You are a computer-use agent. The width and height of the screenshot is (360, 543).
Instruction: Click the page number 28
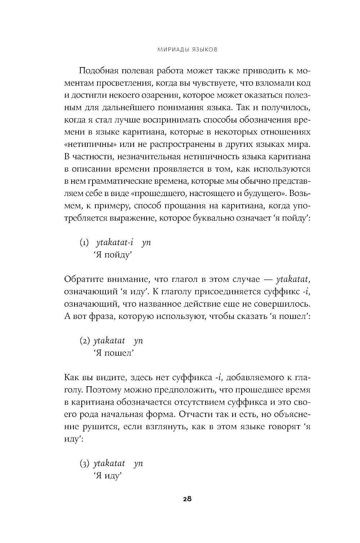[187, 499]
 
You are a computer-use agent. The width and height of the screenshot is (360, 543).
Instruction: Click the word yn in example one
[146, 242]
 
